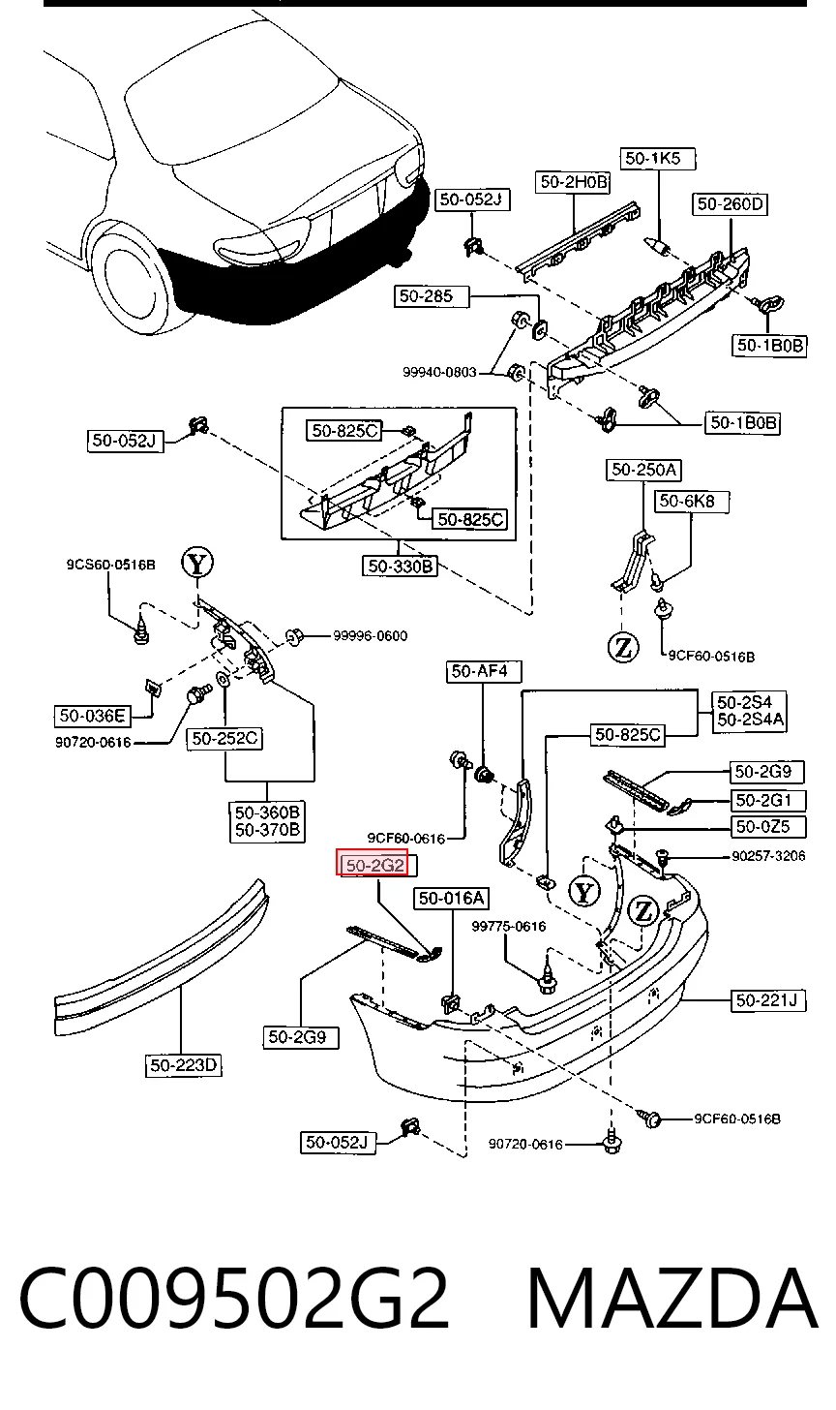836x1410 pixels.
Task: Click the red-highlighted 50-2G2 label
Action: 373,865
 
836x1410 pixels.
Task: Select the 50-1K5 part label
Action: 657,158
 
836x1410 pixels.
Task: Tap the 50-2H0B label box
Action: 574,182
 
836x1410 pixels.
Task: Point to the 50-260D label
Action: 730,204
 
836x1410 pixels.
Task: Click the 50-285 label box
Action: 433,296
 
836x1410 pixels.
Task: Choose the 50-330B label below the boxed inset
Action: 400,566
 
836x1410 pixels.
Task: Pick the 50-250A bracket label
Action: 643,470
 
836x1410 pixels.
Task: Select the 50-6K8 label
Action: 692,502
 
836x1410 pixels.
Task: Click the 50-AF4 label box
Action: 483,672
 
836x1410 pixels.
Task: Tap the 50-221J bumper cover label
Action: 767,1000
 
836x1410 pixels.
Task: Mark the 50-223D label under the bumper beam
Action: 183,1065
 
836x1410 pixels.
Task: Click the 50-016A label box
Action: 452,899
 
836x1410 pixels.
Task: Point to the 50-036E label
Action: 92,716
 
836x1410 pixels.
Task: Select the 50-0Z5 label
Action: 767,826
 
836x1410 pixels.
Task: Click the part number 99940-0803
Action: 439,372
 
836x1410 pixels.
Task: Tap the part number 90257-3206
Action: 768,856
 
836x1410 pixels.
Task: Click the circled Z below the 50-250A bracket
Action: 623,647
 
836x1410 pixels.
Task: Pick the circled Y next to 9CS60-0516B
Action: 197,564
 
